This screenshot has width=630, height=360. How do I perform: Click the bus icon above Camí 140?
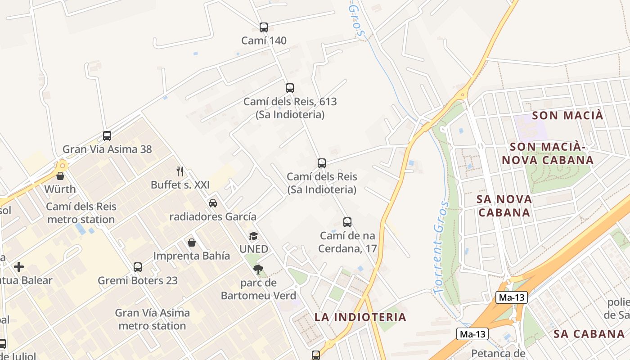264,27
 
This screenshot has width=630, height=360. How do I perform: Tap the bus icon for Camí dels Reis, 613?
290,88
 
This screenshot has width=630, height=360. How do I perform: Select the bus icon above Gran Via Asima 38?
107,136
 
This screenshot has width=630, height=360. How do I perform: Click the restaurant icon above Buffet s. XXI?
180,171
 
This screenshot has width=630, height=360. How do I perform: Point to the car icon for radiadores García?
213,203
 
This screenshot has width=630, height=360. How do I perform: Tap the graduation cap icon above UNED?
254,236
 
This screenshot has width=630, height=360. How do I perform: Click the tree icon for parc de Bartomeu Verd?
258,270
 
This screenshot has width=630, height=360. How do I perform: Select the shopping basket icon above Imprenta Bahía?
192,243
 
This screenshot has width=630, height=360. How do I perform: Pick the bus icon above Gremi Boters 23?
138,267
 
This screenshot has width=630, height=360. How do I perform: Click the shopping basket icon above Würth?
60,176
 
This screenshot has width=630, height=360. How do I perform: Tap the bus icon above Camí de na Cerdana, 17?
347,222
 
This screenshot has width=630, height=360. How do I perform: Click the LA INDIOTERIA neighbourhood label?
360,317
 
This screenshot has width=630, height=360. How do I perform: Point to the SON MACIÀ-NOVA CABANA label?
548,153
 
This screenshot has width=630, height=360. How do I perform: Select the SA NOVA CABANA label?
504,206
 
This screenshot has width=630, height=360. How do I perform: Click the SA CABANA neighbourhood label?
589,334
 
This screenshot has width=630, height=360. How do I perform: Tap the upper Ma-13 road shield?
512,297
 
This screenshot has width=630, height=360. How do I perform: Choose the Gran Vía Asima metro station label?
152,319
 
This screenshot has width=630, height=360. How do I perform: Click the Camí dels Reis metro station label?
81,213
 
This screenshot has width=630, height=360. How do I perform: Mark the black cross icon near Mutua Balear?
19,267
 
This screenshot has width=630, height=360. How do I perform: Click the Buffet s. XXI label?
180,185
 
